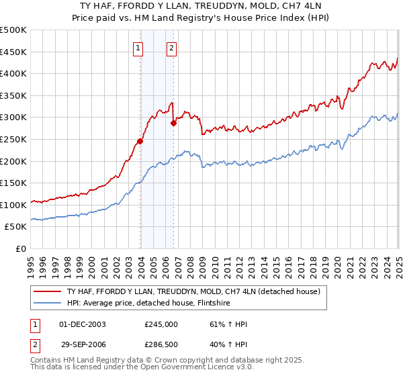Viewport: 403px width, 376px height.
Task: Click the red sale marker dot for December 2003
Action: click(140, 141)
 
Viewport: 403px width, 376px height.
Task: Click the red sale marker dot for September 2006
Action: click(174, 123)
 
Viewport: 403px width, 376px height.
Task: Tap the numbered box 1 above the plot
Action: click(138, 48)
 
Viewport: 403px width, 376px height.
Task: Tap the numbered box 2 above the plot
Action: click(172, 48)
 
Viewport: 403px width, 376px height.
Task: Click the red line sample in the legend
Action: click(46, 291)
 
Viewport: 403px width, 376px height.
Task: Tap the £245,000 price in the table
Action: click(161, 324)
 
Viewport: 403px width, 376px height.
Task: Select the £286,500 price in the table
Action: click(161, 344)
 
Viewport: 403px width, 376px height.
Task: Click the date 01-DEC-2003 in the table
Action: click(83, 324)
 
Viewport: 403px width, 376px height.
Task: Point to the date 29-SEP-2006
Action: click(83, 344)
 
